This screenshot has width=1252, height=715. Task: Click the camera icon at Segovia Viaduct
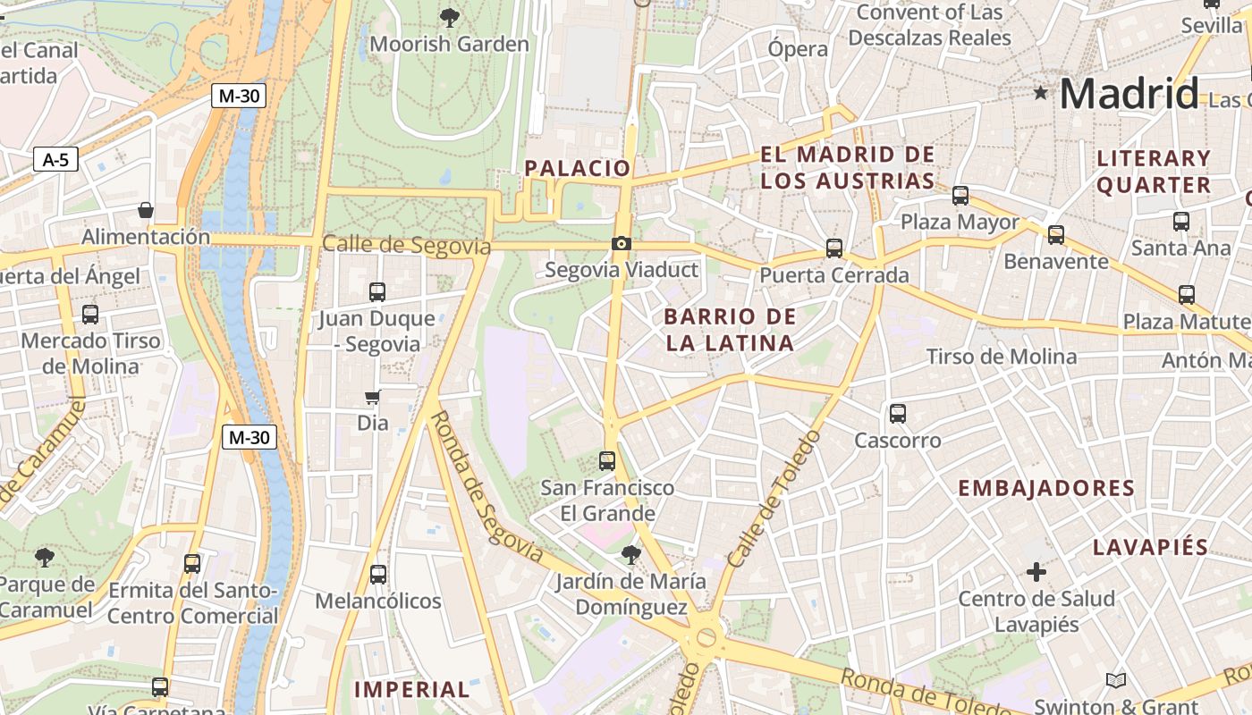[621, 244]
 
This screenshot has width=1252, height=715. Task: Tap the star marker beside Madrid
[1040, 92]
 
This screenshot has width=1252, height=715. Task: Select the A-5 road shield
[55, 160]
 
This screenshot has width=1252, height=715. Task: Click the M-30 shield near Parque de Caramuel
[249, 437]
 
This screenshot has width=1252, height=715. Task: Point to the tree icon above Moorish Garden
[450, 16]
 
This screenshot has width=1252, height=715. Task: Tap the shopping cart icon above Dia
[373, 397]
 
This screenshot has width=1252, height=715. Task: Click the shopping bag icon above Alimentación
[145, 211]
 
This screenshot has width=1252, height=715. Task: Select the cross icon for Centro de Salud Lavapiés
[1036, 571]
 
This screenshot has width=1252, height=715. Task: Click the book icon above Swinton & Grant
[1115, 681]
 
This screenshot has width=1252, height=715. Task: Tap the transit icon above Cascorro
[898, 414]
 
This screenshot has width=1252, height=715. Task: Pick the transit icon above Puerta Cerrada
[834, 248]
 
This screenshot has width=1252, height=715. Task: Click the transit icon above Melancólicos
[378, 575]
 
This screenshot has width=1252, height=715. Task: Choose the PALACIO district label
[577, 168]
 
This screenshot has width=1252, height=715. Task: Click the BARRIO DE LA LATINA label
[729, 329]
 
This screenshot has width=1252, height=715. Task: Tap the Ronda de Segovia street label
[486, 486]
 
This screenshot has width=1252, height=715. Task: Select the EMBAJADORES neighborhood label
[1045, 488]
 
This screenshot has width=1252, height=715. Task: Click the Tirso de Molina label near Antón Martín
[1001, 357]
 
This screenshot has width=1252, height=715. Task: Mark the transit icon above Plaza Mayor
[960, 195]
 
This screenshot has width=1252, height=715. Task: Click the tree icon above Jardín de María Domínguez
[631, 555]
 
